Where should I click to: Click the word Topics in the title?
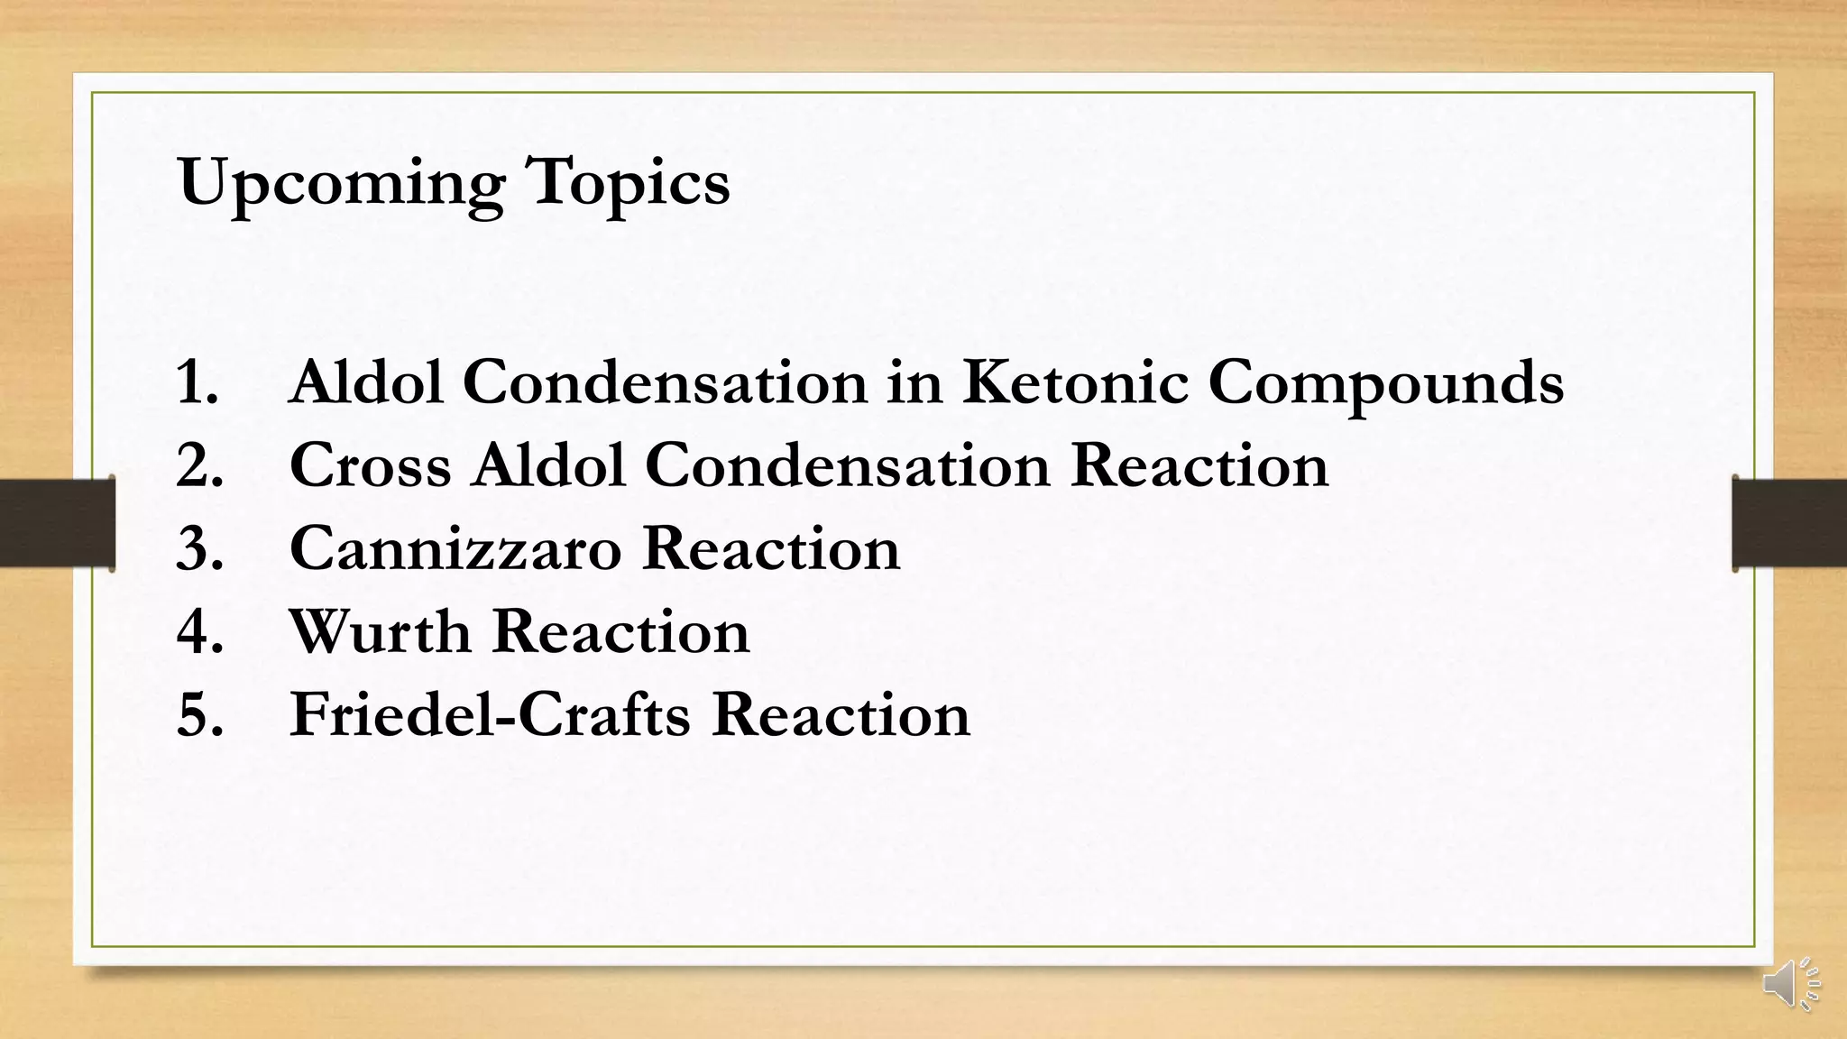(x=628, y=184)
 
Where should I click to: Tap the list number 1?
(x=198, y=382)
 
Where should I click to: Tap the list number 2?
(x=199, y=465)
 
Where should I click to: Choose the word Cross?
(x=370, y=465)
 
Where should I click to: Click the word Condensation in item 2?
(x=848, y=465)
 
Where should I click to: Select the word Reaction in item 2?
(x=1199, y=465)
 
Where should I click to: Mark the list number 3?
(x=199, y=548)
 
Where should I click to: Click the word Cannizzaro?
(x=455, y=548)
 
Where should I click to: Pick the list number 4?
(x=199, y=631)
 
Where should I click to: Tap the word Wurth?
(x=380, y=631)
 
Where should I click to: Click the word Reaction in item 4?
(x=621, y=631)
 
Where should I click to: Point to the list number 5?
(x=199, y=714)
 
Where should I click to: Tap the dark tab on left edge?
(x=56, y=523)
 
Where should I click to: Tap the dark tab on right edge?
(x=1789, y=523)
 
